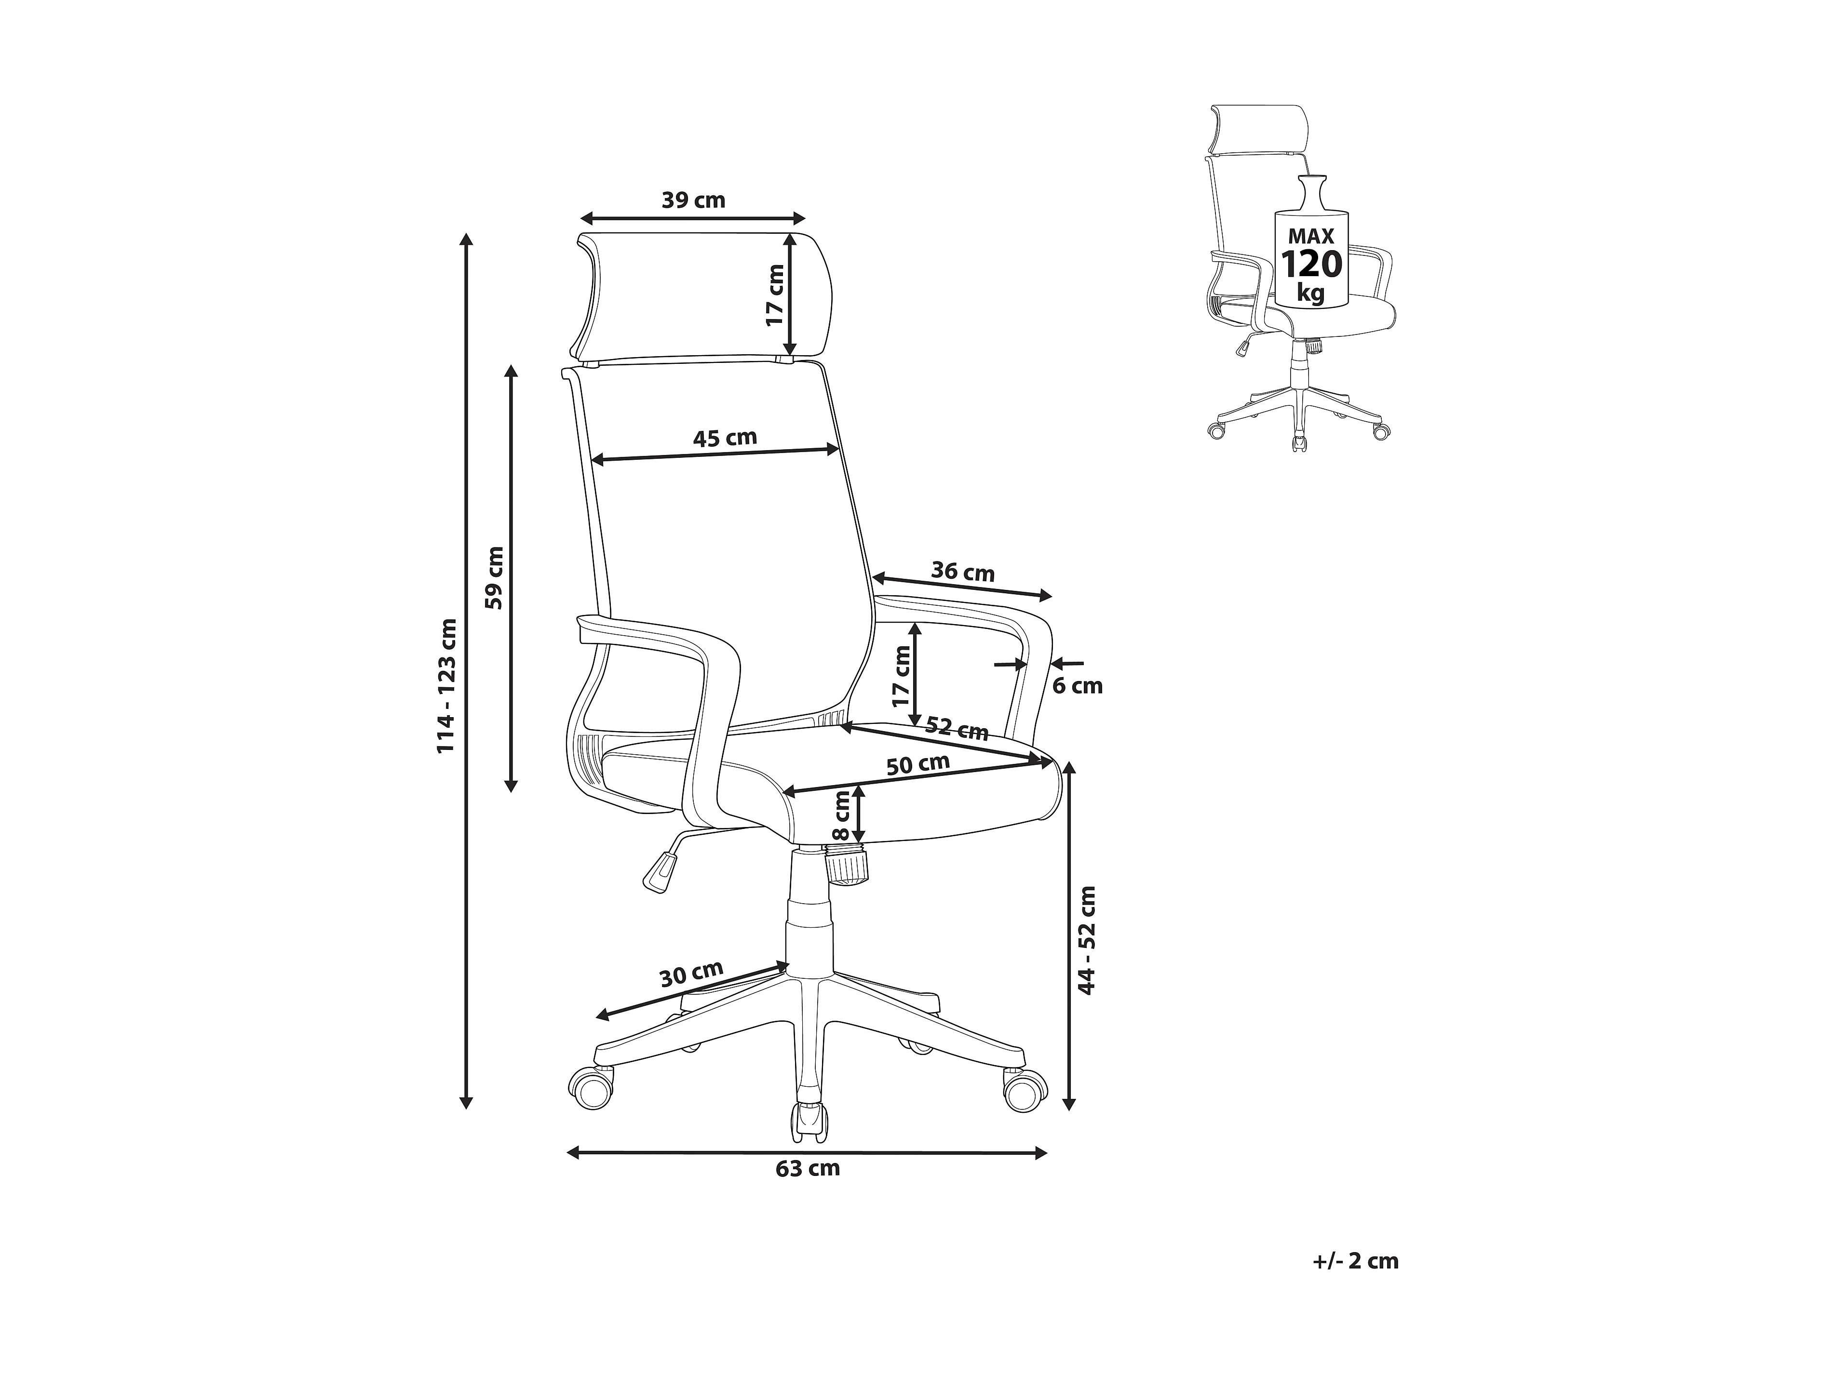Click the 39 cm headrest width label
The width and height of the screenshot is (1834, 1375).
click(x=693, y=200)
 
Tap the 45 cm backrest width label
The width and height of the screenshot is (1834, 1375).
click(x=726, y=438)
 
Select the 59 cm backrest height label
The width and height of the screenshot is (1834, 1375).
click(x=495, y=578)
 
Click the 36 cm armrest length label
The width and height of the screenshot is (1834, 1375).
click(x=963, y=572)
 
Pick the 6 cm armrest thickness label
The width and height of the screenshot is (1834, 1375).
click(x=1078, y=686)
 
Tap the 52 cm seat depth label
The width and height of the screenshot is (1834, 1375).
click(x=957, y=729)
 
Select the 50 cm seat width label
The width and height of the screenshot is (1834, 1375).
click(x=918, y=764)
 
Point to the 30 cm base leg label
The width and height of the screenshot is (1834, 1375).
click(x=691, y=974)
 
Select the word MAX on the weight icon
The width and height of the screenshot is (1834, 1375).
click(x=1311, y=237)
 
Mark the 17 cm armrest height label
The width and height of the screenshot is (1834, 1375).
click(x=901, y=676)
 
